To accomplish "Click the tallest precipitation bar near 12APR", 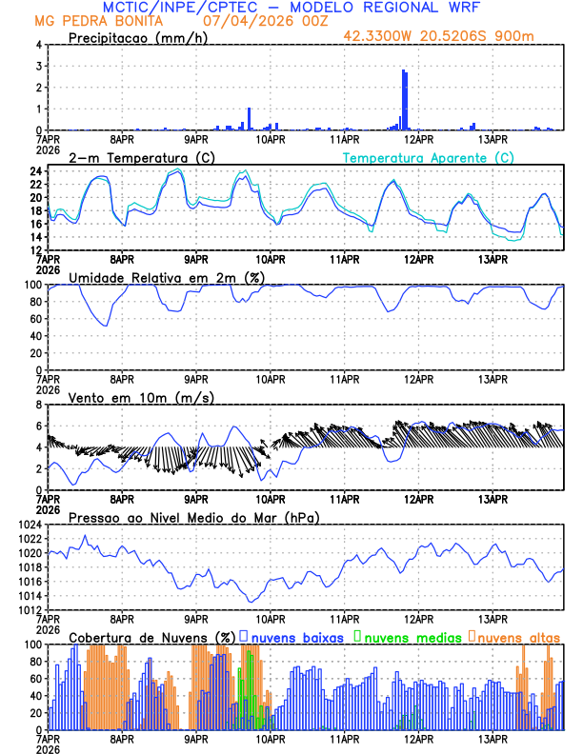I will [404, 100].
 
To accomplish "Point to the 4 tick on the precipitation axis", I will [38, 45].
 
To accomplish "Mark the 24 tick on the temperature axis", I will [34, 171].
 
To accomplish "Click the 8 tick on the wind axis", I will [38, 405].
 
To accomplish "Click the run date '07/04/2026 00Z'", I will [259, 20].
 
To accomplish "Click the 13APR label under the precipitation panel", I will [493, 139].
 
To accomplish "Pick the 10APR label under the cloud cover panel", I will [271, 739].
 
